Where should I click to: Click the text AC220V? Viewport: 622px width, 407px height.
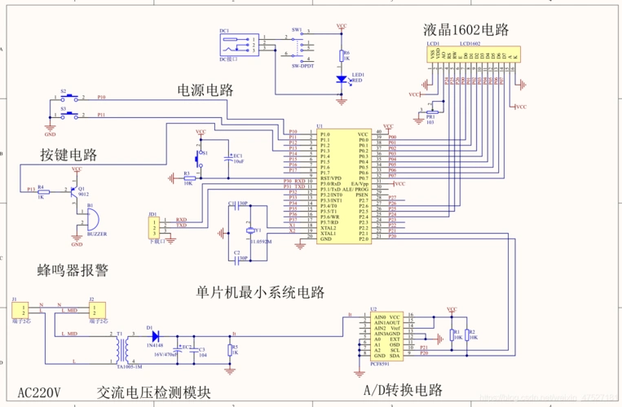pos(39,391)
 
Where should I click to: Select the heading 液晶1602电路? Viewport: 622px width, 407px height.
pos(465,29)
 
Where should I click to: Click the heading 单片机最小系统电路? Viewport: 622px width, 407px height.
pos(260,291)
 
